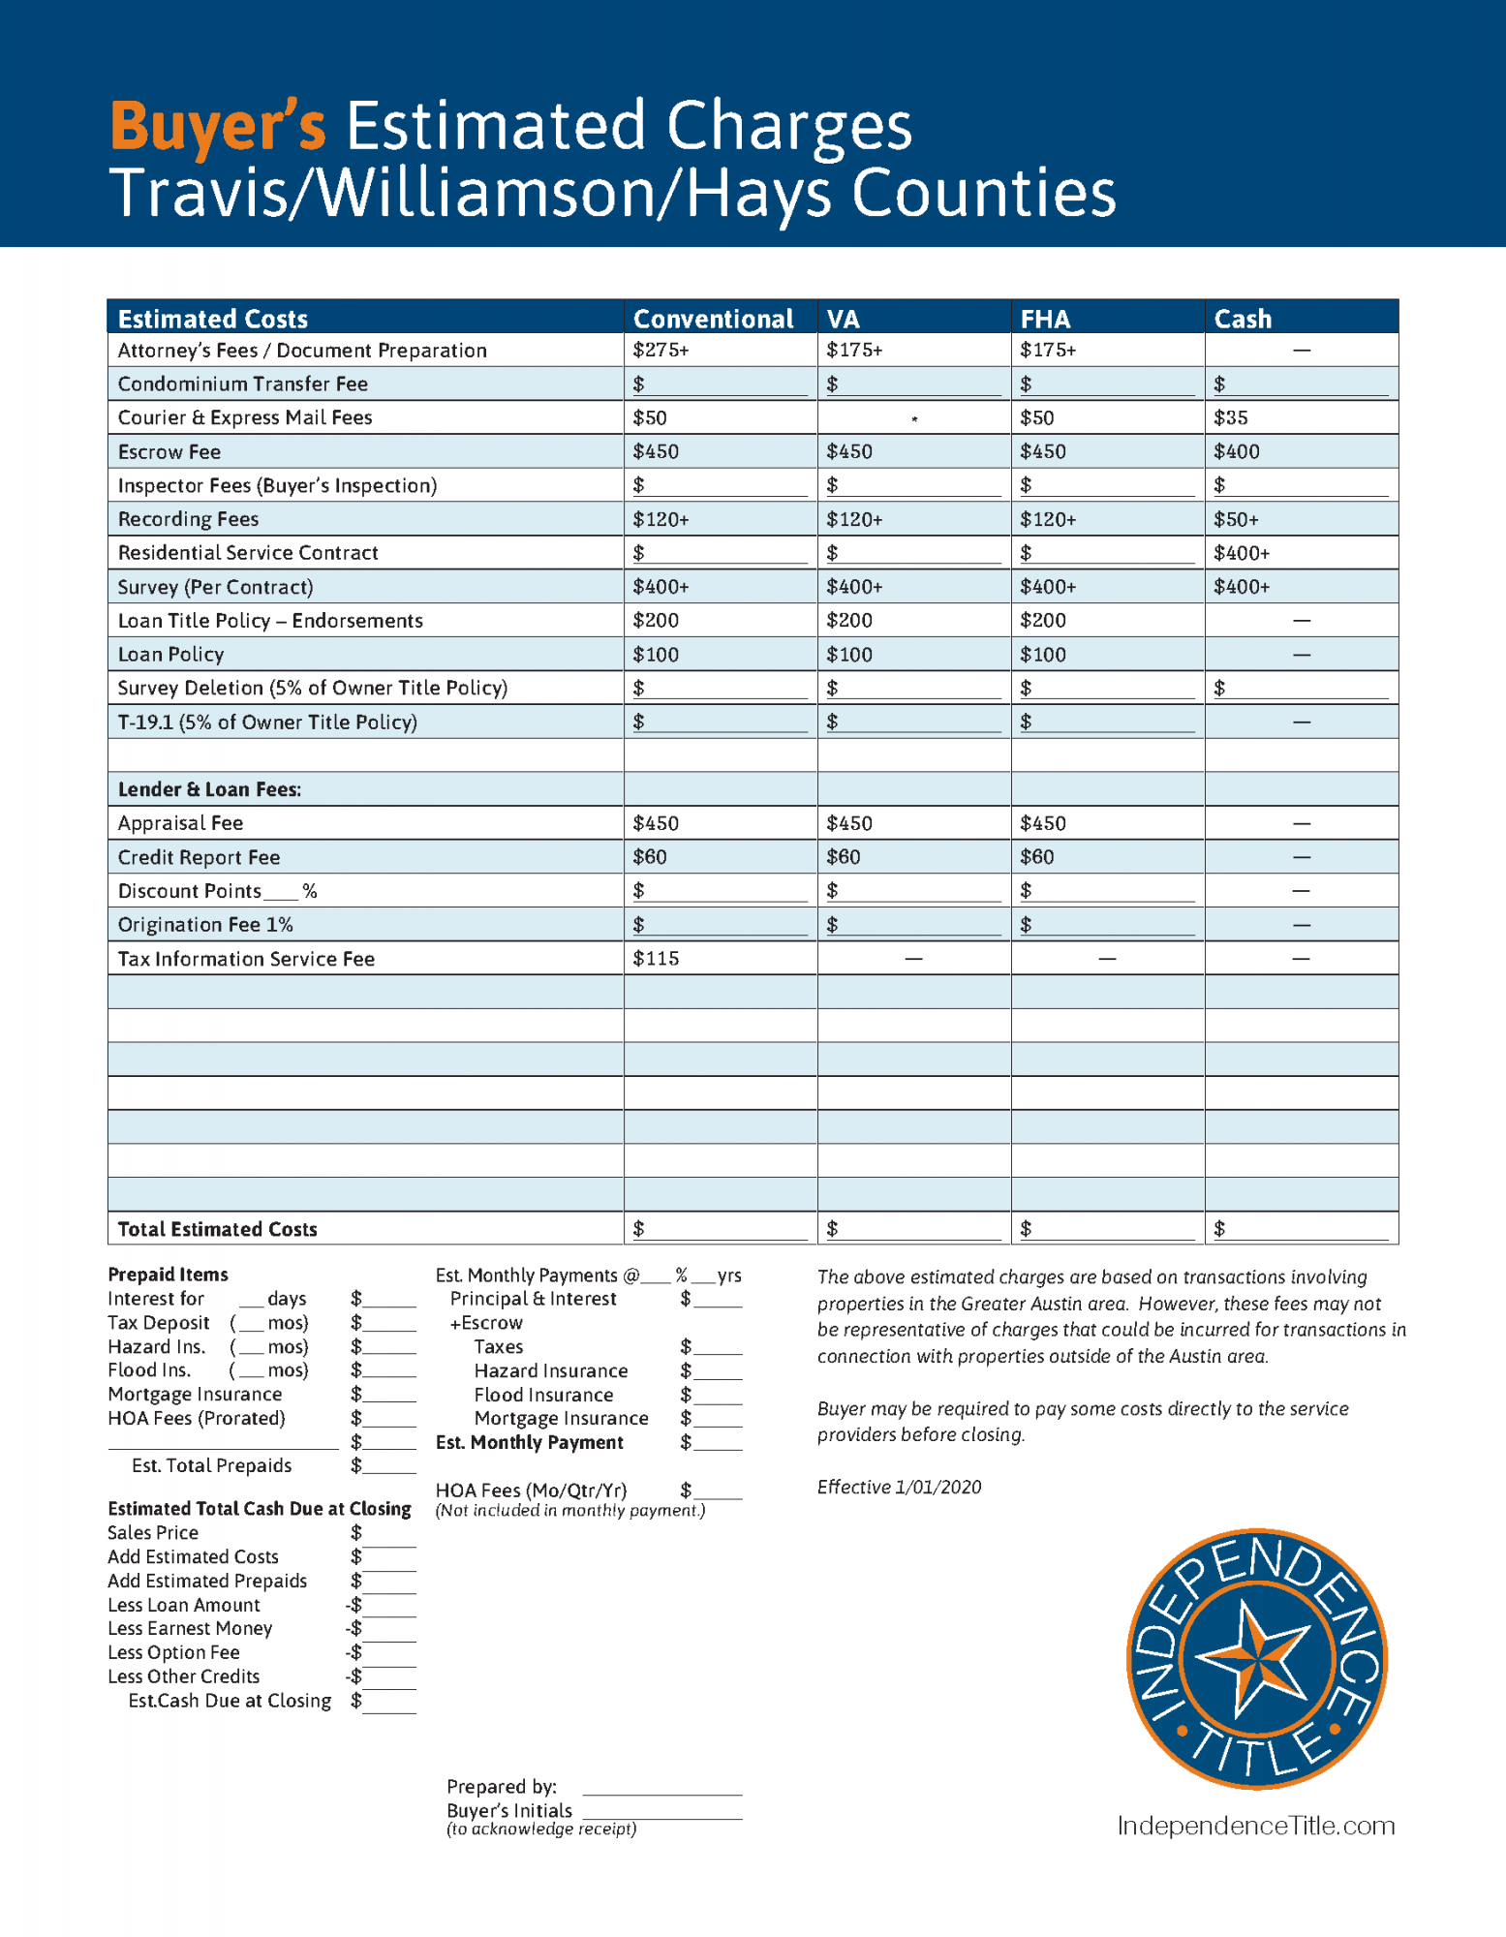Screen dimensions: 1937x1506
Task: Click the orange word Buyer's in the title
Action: click(x=218, y=126)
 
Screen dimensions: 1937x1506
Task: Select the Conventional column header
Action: click(x=713, y=319)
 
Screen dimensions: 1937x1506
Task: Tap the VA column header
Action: click(x=843, y=319)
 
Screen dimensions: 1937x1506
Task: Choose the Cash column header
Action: click(x=1243, y=319)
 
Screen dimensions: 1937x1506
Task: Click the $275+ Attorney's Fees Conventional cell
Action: click(x=661, y=351)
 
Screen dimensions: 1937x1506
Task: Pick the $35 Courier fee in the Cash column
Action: click(x=1231, y=418)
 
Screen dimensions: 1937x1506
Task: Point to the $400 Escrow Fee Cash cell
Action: click(x=1237, y=452)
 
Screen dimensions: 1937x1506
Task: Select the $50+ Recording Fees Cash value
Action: click(x=1237, y=520)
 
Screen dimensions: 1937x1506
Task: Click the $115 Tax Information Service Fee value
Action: click(x=656, y=959)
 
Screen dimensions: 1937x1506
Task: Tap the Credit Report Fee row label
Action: click(x=199, y=857)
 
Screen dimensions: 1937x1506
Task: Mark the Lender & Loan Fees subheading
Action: click(x=209, y=789)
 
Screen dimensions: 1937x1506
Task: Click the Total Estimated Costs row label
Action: click(x=217, y=1229)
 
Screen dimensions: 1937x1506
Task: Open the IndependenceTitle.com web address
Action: click(x=1256, y=1826)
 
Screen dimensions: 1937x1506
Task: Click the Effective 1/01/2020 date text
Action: click(x=899, y=1487)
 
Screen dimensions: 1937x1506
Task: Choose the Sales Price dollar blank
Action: click(x=389, y=1534)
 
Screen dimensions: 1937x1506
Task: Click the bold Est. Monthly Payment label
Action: click(x=529, y=1442)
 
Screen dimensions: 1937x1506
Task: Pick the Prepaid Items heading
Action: click(x=168, y=1275)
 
